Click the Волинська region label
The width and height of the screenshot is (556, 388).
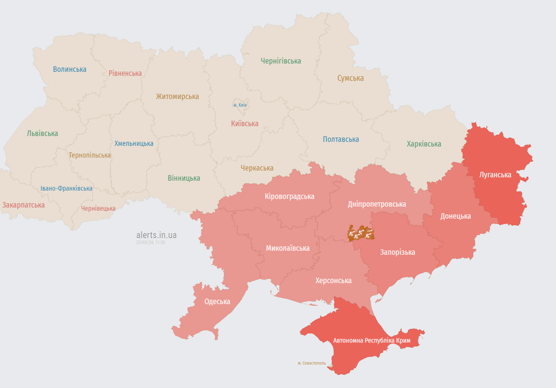pyautogui.click(x=69, y=69)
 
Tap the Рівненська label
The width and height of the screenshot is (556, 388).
pyautogui.click(x=125, y=73)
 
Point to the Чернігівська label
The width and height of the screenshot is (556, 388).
pyautogui.click(x=281, y=61)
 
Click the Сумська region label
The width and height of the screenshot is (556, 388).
pyautogui.click(x=351, y=78)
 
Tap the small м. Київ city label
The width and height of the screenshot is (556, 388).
pyautogui.click(x=240, y=105)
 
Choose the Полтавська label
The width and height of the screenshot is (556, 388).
pyautogui.click(x=341, y=139)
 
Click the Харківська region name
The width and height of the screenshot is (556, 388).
pyautogui.click(x=424, y=144)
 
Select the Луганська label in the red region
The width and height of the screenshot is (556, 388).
pyautogui.click(x=495, y=175)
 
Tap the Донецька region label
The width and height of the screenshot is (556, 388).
pyautogui.click(x=455, y=216)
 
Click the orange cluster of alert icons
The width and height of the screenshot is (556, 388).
pyautogui.click(x=360, y=233)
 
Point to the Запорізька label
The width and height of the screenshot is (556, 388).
pyautogui.click(x=398, y=252)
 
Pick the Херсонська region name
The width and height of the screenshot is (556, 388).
pyautogui.click(x=333, y=280)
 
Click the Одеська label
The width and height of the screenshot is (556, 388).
pyautogui.click(x=217, y=302)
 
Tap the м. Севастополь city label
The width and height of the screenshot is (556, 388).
pyautogui.click(x=312, y=363)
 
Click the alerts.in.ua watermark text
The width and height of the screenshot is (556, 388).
pyautogui.click(x=156, y=235)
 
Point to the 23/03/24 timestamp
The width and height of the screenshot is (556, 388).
pyautogui.click(x=150, y=243)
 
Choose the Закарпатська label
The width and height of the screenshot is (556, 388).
pyautogui.click(x=23, y=205)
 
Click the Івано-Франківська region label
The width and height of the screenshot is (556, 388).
pyautogui.click(x=66, y=188)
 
